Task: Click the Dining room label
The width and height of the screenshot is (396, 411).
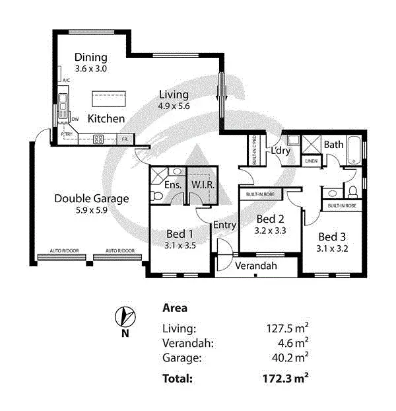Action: (x=90, y=57)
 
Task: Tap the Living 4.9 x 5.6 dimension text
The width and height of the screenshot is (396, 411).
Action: (x=174, y=106)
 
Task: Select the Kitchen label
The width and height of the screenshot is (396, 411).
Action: (x=106, y=119)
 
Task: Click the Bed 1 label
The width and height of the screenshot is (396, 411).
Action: (x=180, y=233)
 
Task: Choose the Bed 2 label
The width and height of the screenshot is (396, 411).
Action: (x=270, y=219)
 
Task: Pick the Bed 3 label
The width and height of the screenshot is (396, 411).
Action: (x=331, y=237)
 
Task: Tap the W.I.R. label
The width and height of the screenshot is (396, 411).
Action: (x=203, y=184)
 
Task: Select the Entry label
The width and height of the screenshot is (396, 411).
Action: (x=224, y=225)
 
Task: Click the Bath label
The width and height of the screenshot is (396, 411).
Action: (x=333, y=144)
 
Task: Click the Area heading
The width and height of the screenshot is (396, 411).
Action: (x=174, y=308)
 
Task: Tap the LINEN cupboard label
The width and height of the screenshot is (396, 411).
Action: (x=311, y=161)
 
